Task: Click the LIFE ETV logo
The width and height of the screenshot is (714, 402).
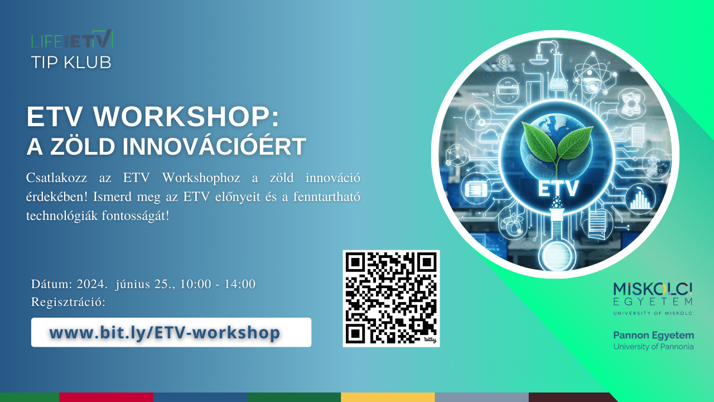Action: [72, 40]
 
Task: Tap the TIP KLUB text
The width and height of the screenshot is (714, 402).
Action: [71, 62]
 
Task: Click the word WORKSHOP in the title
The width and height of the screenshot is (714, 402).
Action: [178, 117]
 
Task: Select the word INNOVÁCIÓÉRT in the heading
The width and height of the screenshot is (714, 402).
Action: [214, 146]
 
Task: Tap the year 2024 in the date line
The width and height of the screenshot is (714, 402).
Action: [91, 284]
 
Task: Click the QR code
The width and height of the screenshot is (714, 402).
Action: [391, 298]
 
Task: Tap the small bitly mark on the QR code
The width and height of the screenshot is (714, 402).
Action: [429, 339]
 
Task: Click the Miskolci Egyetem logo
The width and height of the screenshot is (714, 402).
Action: [653, 298]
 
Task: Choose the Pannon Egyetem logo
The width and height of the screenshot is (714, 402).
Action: [653, 339]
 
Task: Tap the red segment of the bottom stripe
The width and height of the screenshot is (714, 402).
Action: [106, 397]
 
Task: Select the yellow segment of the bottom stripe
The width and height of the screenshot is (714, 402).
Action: [388, 397]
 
